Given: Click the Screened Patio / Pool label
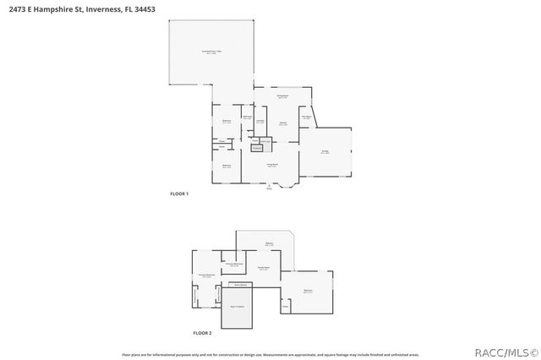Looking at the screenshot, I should coord(211,52).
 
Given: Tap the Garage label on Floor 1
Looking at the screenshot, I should coord(325,152).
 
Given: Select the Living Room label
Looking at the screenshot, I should coord(272,165).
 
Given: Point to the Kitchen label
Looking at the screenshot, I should coord(282,124).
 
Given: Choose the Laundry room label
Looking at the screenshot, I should coord(260,121).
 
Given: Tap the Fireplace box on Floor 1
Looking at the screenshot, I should coord(257,148).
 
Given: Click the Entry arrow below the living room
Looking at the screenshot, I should coord(270,187).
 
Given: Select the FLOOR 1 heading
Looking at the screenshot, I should coord(179,194).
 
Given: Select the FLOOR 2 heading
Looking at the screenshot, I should coord(202,333).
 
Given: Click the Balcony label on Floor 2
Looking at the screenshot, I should coord(269,244).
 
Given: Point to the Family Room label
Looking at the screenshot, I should coord(264,268).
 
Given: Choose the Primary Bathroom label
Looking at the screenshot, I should coord(234,264).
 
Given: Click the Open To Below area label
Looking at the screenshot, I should coord(238,306).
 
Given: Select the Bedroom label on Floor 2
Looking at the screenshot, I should coord(308,291).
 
